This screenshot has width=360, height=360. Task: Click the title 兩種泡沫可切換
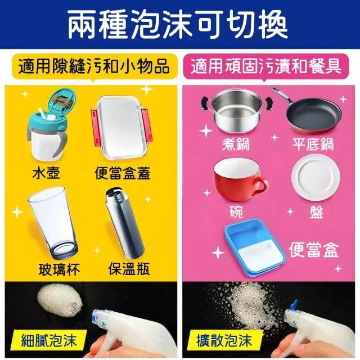click(178, 25)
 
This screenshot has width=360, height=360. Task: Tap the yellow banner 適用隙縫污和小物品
click(94, 66)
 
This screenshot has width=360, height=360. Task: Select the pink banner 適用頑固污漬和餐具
click(266, 66)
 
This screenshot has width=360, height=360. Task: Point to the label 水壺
click(46, 173)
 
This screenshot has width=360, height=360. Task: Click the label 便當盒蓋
click(123, 173)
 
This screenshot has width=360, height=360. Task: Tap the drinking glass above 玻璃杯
click(53, 223)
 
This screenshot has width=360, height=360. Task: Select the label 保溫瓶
click(129, 269)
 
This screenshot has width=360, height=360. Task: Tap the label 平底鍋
click(313, 144)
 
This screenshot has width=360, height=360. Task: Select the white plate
click(316, 178)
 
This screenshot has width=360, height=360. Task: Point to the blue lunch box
click(255, 247)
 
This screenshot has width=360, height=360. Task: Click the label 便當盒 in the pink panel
click(314, 250)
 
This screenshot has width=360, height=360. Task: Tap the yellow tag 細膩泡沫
click(49, 340)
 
